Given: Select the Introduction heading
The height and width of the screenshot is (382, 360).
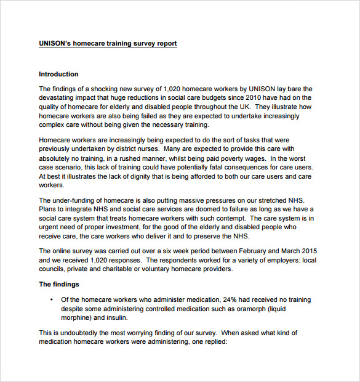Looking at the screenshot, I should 58,74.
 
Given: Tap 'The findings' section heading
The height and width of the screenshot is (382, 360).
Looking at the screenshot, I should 59,284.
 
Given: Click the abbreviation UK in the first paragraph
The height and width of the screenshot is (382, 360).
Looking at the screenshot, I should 240,106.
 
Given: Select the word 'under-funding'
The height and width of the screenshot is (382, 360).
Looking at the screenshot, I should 74,200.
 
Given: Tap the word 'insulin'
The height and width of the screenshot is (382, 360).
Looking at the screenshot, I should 117,317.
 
